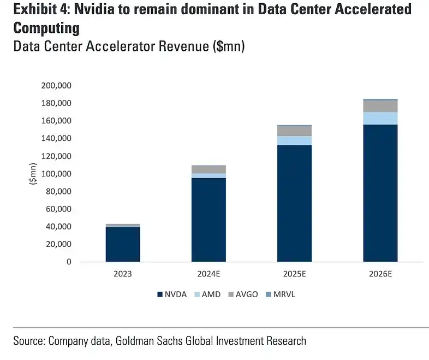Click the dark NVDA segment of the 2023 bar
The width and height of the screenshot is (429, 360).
pos(123,244)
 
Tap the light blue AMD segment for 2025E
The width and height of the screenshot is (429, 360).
pos(294,140)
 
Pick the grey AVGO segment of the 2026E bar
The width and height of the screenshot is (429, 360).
pos(380,106)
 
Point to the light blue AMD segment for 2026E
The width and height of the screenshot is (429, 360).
pos(380,119)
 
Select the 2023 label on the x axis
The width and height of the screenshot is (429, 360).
pos(123,275)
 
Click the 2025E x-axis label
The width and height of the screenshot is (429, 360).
pos(294,275)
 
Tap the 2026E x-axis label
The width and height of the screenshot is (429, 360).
pos(380,275)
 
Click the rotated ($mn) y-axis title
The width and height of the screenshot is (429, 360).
pos(33,174)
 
